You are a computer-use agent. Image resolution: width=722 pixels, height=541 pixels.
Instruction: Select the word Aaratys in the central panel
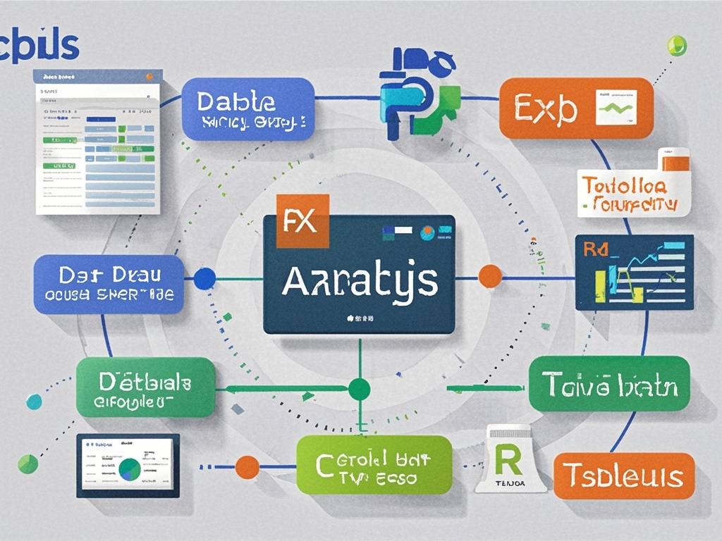(x=359, y=281)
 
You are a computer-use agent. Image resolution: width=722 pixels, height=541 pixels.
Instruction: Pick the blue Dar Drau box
(x=109, y=285)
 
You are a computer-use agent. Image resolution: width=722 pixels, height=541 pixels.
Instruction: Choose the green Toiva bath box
(x=609, y=384)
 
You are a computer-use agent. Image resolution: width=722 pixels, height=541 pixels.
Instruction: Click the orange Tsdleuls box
(x=624, y=475)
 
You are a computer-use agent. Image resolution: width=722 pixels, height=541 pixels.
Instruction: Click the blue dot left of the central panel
(x=204, y=278)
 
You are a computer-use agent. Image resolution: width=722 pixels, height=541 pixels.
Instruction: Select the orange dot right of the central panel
(x=490, y=276)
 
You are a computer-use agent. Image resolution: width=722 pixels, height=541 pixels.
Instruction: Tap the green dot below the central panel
(x=359, y=388)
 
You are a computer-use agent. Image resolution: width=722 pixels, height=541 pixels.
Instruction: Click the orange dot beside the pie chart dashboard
(x=247, y=466)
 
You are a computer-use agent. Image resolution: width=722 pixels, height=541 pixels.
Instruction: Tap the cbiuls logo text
(x=39, y=46)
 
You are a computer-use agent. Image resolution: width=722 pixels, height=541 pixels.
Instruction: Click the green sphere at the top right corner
(x=676, y=45)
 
